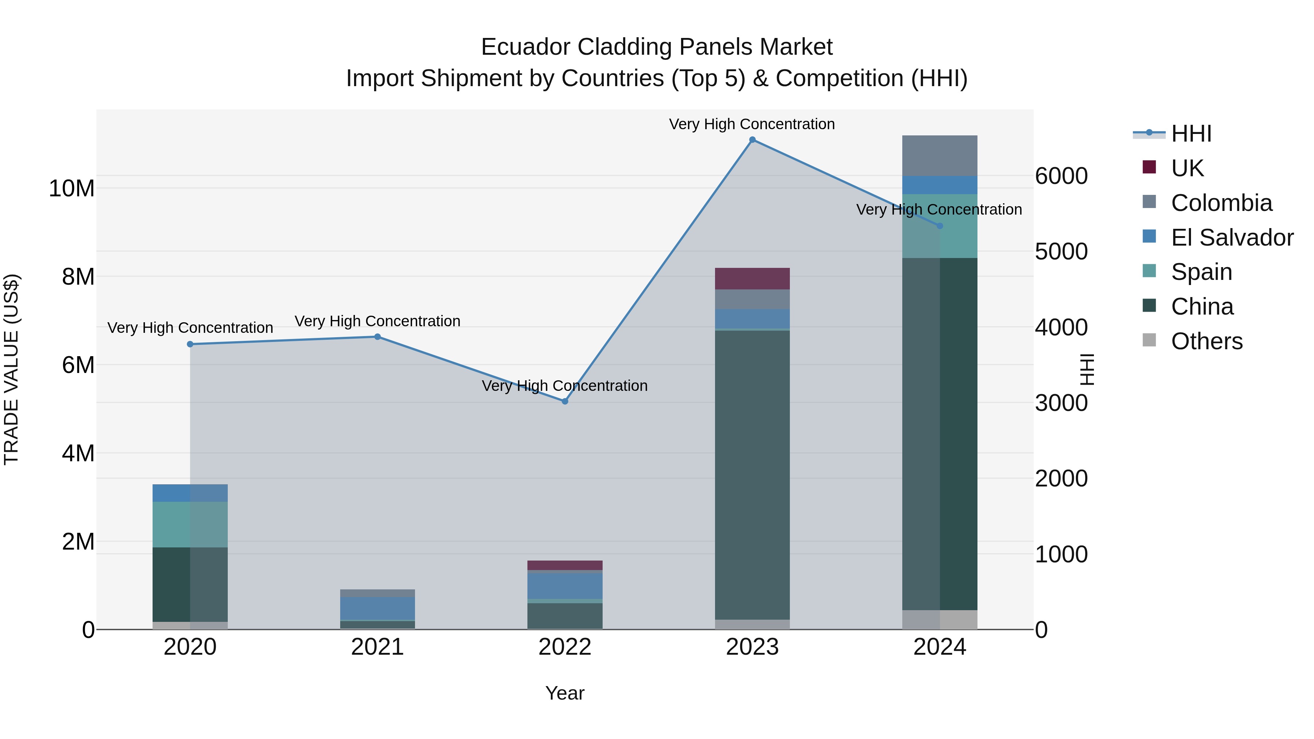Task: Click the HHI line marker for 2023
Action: [x=752, y=140]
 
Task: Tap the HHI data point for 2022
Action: [x=565, y=401]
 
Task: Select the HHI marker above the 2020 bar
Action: [x=190, y=344]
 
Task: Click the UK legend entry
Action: [x=1187, y=168]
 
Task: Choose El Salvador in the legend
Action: [x=1232, y=238]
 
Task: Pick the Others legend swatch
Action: [x=1149, y=340]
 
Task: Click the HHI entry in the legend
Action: [x=1191, y=134]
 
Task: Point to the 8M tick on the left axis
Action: [x=78, y=277]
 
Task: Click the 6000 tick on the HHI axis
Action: [x=1061, y=177]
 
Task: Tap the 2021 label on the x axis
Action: [x=377, y=647]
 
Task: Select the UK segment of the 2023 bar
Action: [x=752, y=278]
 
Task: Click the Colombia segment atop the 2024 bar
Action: [x=940, y=155]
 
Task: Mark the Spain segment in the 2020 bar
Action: [x=190, y=524]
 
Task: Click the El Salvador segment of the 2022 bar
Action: [x=565, y=585]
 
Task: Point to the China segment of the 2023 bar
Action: [x=752, y=474]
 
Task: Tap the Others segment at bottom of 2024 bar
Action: [x=940, y=620]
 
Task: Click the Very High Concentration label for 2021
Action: [x=377, y=321]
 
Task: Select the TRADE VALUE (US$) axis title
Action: [x=11, y=369]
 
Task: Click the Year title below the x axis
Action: [x=565, y=693]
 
